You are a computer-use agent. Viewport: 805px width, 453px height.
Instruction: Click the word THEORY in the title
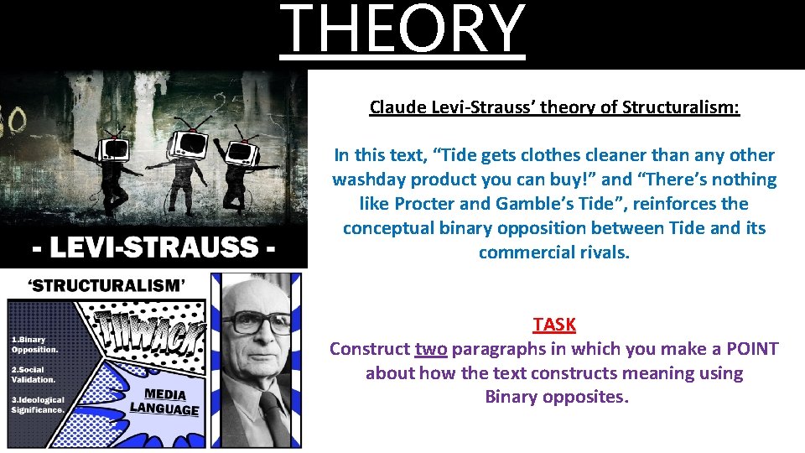tap(402, 30)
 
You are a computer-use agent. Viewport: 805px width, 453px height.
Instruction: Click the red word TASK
tap(554, 325)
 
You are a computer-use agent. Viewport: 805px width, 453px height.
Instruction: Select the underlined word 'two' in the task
tap(430, 349)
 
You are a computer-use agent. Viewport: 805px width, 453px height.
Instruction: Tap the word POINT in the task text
tap(752, 349)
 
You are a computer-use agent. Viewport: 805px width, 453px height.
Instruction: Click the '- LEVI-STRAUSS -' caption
tap(153, 248)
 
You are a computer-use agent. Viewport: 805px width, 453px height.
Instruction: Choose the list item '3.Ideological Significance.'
tap(38, 405)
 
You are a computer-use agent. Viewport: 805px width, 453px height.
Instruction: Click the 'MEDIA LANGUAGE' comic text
tap(164, 402)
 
